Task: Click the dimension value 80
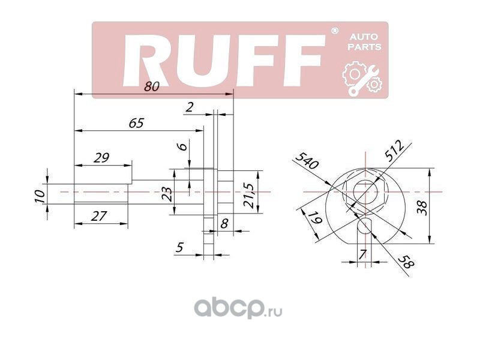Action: pyautogui.click(x=152, y=86)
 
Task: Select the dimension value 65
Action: pyautogui.click(x=137, y=123)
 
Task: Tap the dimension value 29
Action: pyautogui.click(x=101, y=158)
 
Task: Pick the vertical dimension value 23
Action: pyautogui.click(x=167, y=193)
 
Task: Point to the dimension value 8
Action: pyautogui.click(x=224, y=224)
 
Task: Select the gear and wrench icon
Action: pyautogui.click(x=361, y=79)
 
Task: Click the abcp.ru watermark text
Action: pyautogui.click(x=236, y=309)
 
